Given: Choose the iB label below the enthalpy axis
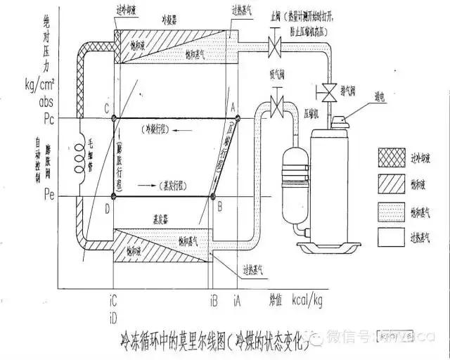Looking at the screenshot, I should coord(214,301).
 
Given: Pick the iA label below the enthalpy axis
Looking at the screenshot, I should coord(238,301).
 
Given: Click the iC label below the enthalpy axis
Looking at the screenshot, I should coord(113,301).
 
